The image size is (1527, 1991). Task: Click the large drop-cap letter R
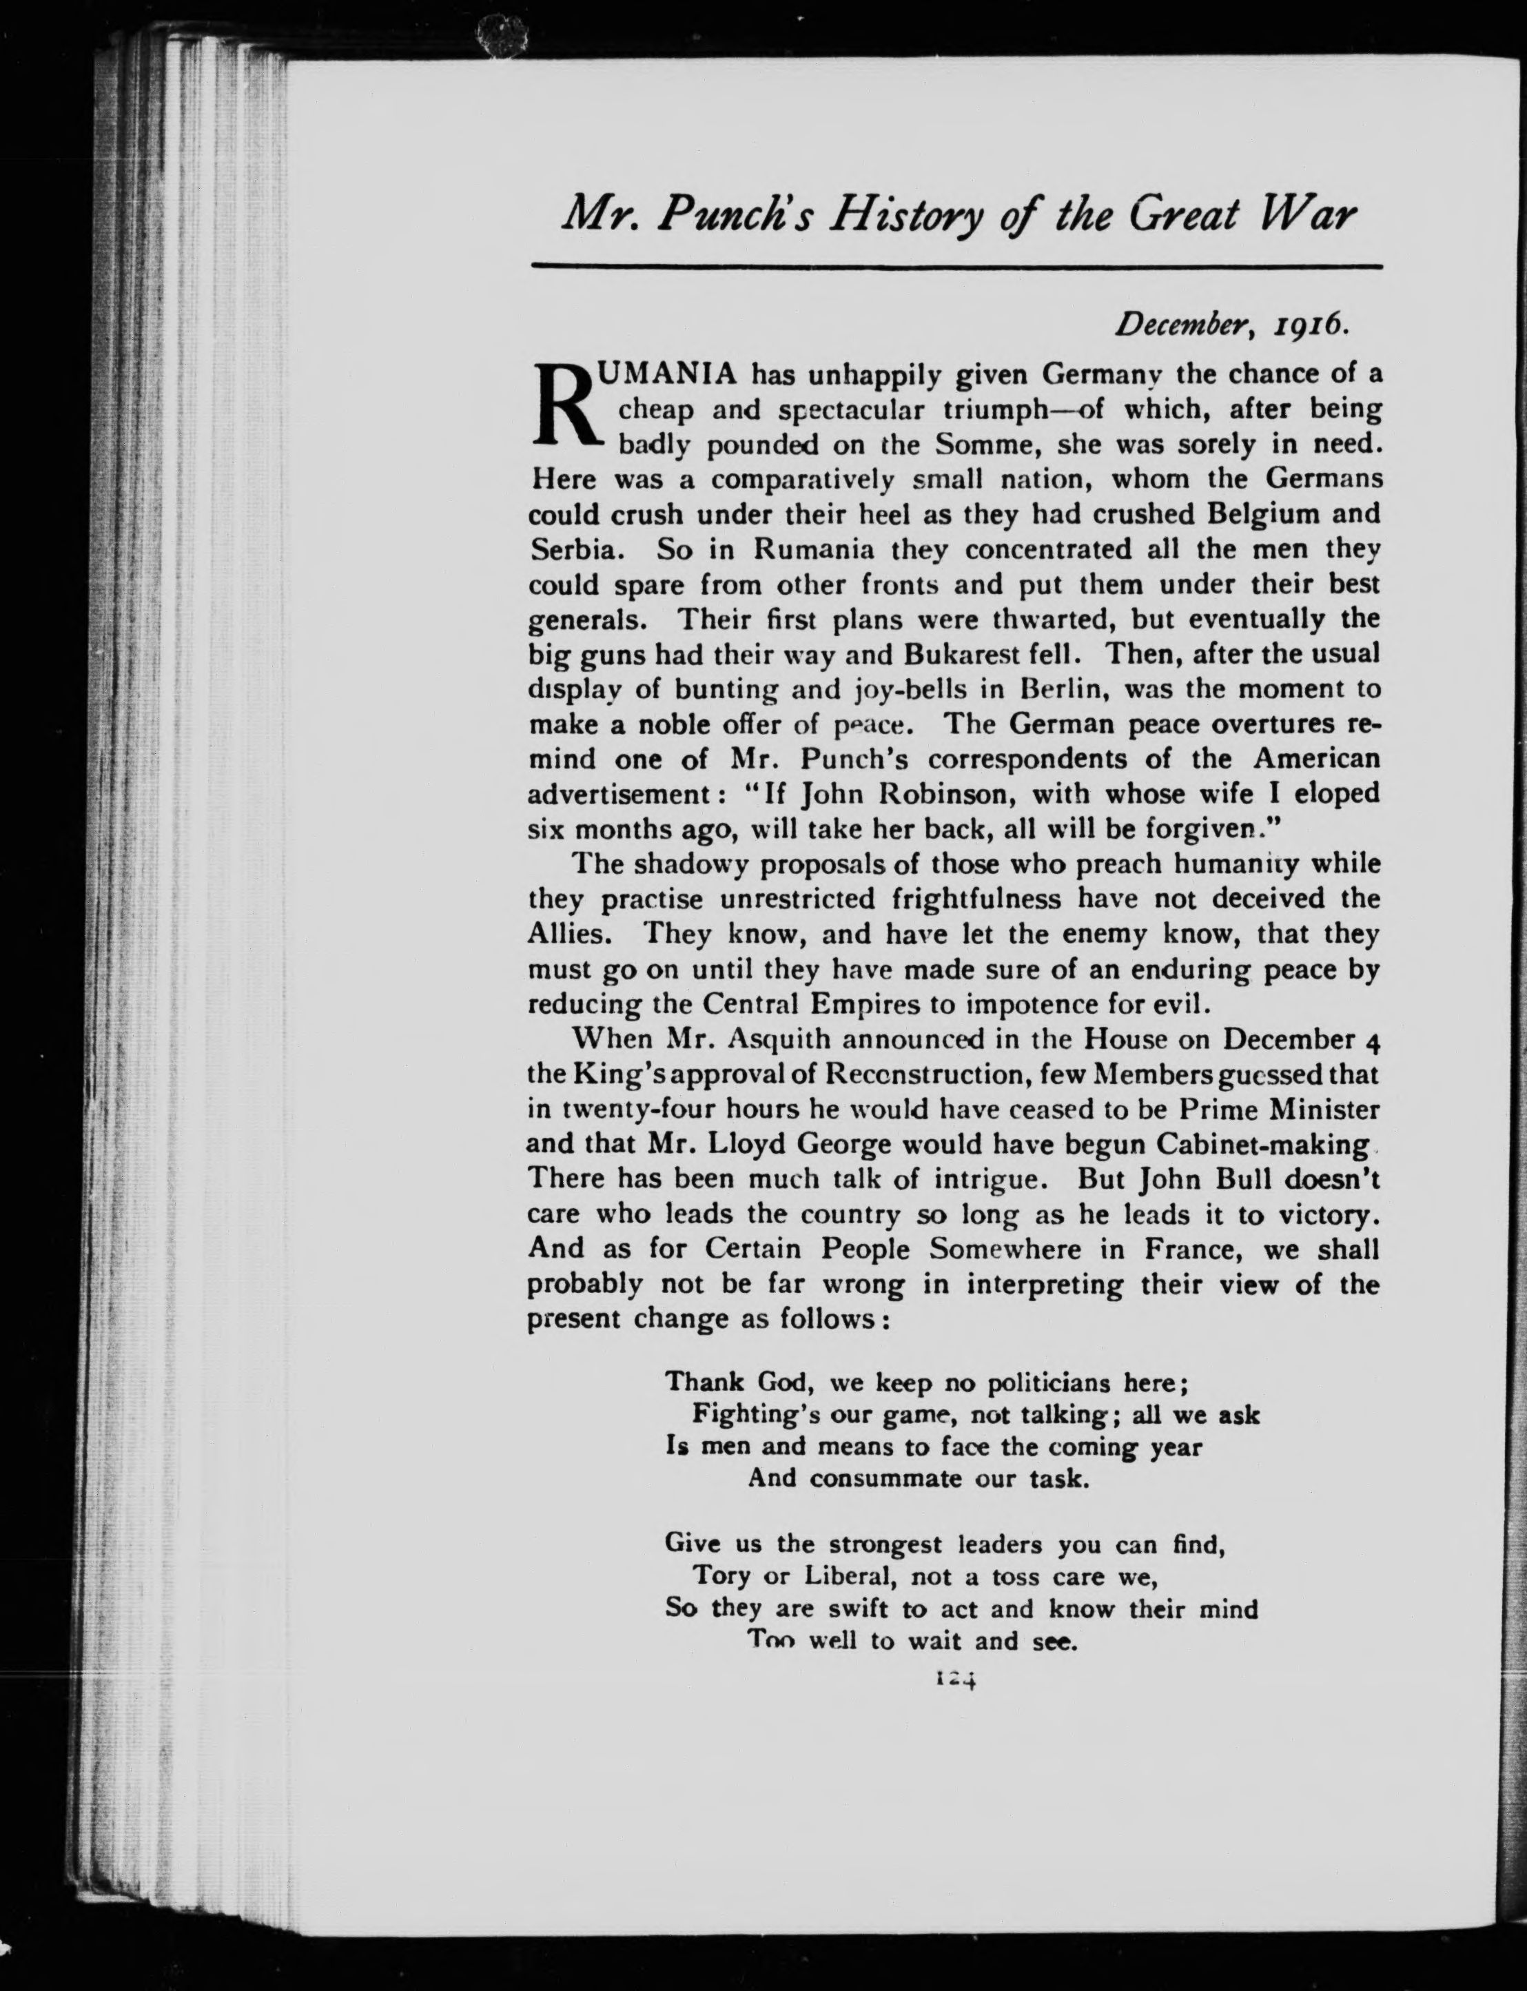coord(565,407)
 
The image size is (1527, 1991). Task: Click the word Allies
coord(572,934)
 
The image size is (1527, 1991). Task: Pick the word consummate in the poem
coord(886,1478)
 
